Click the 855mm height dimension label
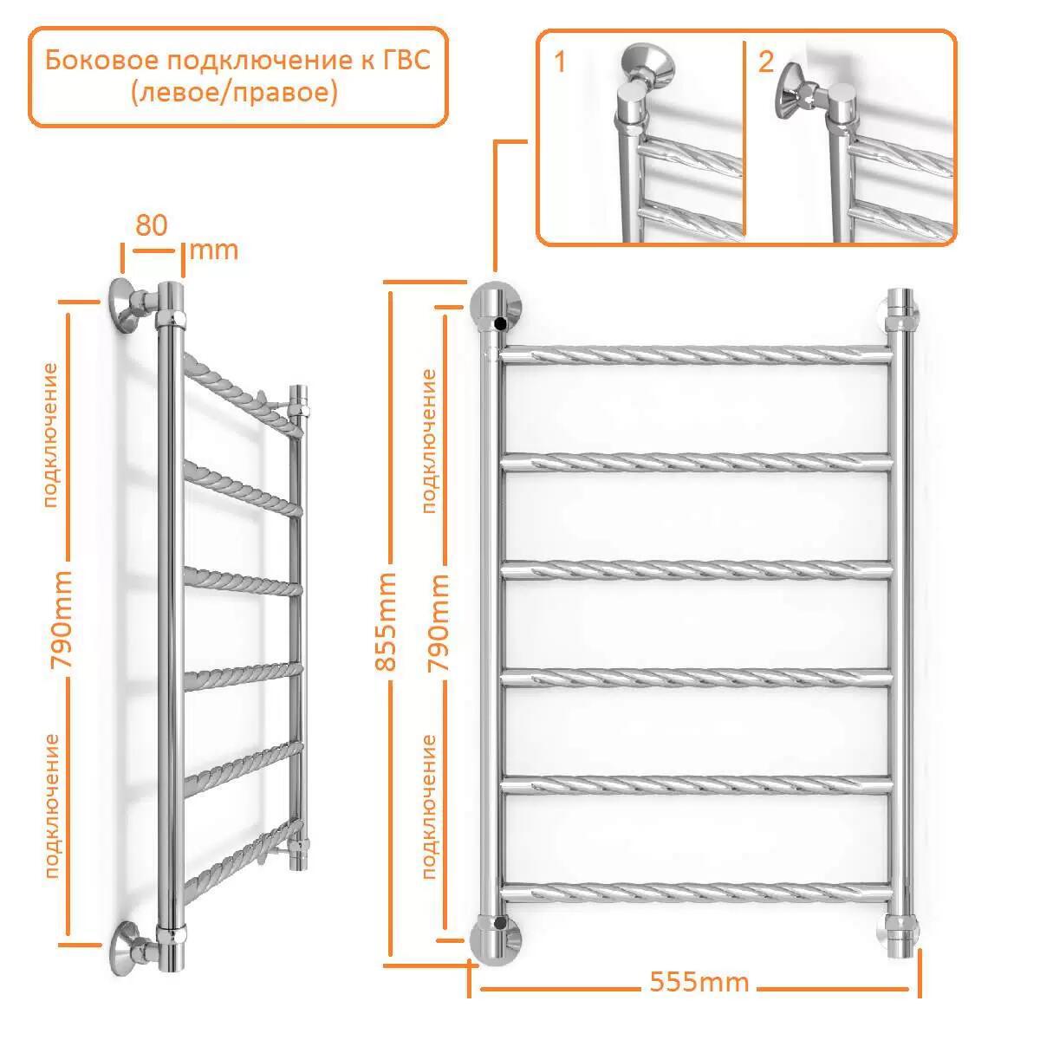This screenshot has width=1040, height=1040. pyautogui.click(x=386, y=621)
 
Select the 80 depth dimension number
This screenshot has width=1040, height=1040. pyautogui.click(x=152, y=224)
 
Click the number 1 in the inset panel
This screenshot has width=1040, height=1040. pyautogui.click(x=560, y=62)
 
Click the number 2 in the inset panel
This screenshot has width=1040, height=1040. pyautogui.click(x=766, y=62)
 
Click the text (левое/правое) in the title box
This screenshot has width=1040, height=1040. pyautogui.click(x=235, y=92)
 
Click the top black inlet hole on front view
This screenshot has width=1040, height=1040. pyautogui.click(x=500, y=324)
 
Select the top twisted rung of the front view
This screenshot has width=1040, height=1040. pyautogui.click(x=696, y=355)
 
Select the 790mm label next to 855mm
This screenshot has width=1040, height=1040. pyautogui.click(x=438, y=622)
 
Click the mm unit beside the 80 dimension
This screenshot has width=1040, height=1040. pyautogui.click(x=214, y=251)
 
